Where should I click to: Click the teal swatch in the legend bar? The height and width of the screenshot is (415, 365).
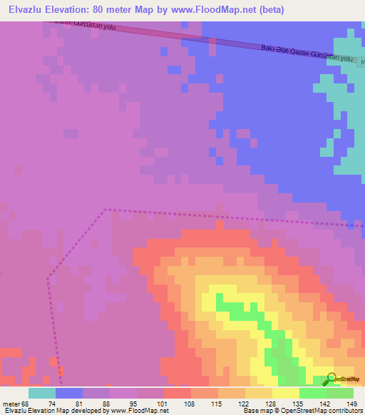pos(42,393)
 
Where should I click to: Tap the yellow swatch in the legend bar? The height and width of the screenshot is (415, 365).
pos(286,393)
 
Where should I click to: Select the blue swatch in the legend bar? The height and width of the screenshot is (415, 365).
pos(69,393)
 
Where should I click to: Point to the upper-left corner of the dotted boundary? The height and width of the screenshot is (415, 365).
pos(105,210)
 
